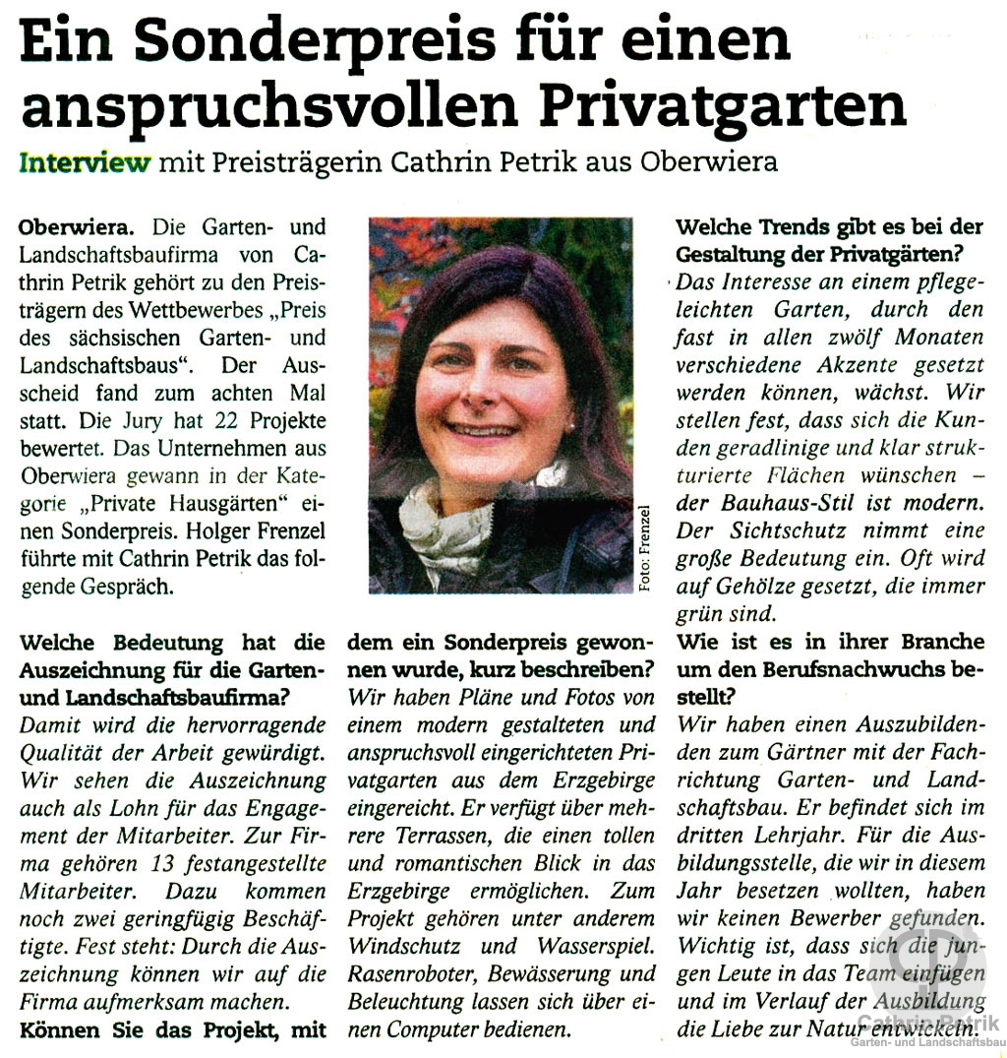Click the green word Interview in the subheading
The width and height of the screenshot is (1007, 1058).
pyautogui.click(x=86, y=161)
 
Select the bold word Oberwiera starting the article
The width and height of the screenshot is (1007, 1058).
pyautogui.click(x=65, y=228)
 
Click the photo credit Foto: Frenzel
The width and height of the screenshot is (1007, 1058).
pyautogui.click(x=645, y=547)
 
